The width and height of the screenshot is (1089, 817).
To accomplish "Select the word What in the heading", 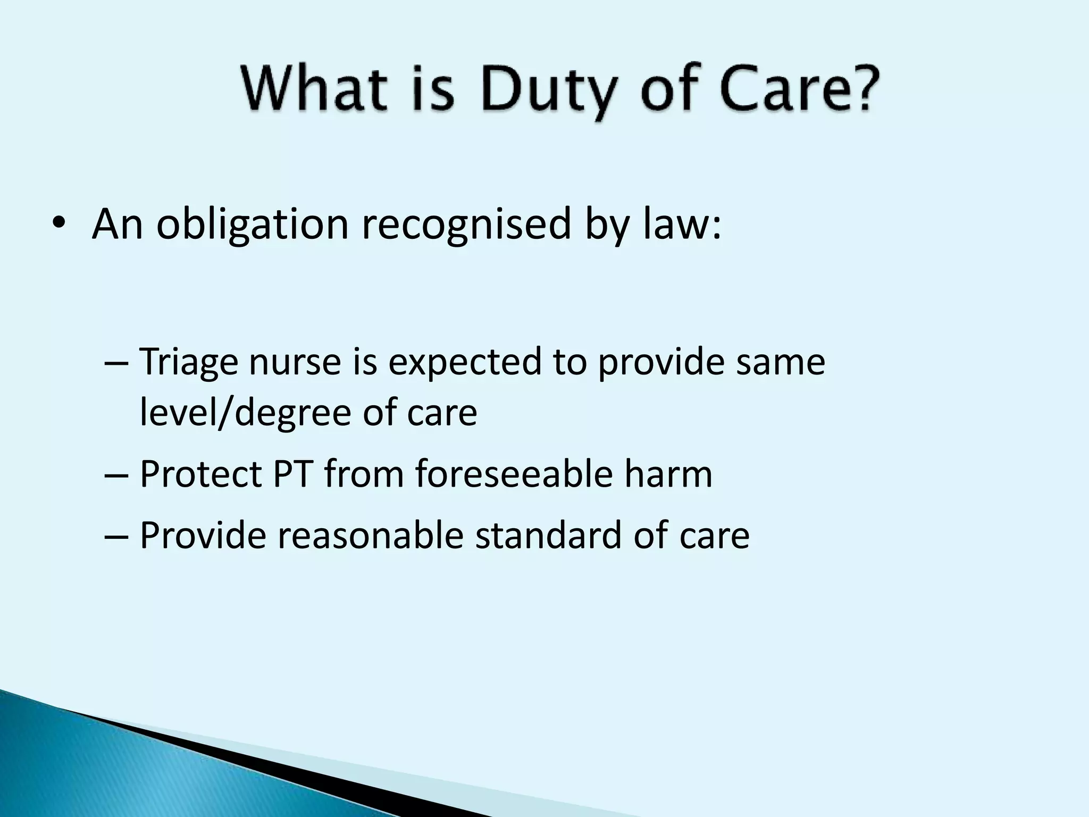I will (x=314, y=88).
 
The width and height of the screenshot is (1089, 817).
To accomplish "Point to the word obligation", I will (x=252, y=225).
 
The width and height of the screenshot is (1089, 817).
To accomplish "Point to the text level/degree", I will (x=245, y=413).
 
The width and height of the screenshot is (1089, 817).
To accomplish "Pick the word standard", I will (x=548, y=536).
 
